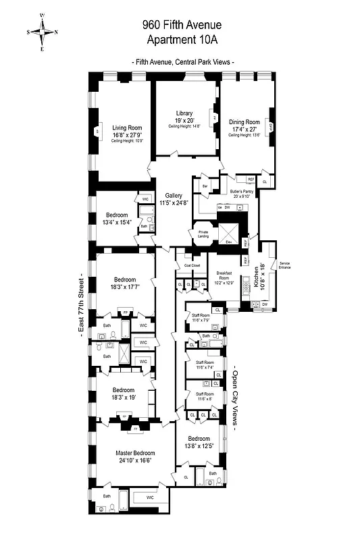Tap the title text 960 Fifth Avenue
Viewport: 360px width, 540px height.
182,25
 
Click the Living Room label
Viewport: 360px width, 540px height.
127,127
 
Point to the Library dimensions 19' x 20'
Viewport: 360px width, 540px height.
184,121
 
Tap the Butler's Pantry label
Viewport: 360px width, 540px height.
241,192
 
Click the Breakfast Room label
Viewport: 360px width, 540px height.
224,273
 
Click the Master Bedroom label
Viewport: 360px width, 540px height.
126,453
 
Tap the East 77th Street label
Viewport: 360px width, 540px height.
80,310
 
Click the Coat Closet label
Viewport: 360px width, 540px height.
192,265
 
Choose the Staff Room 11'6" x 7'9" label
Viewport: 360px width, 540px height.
201,319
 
